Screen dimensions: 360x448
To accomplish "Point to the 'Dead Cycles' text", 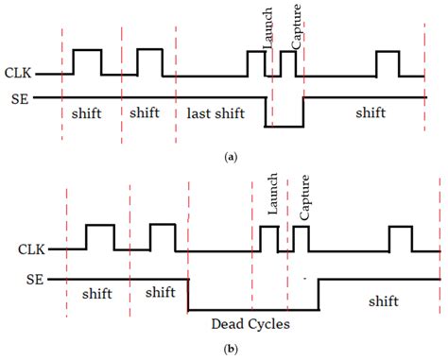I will point(250,323).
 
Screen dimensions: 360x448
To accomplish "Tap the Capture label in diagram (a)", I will point(296,31).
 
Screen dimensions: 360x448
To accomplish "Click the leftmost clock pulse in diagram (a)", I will point(87,61).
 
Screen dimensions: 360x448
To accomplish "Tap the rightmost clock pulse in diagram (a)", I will point(388,62).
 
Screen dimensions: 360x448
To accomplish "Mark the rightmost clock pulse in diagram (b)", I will point(401,238).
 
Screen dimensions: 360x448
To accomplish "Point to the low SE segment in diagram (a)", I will point(284,126).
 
